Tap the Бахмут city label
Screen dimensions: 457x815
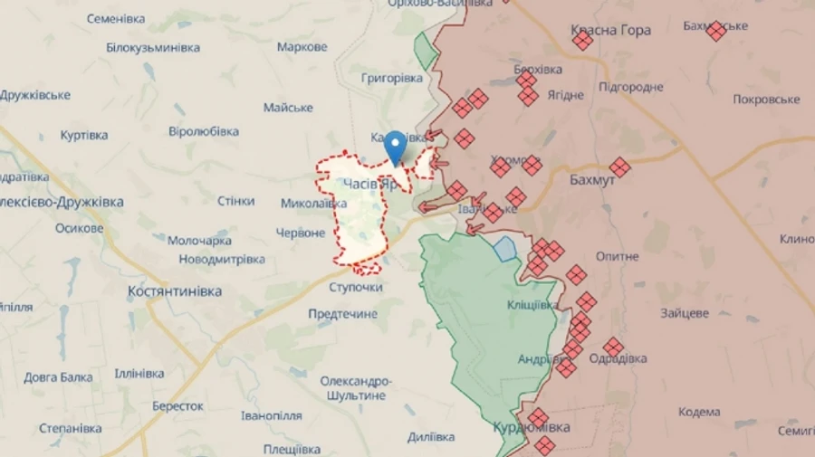point(593,181)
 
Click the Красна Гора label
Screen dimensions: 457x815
point(610,30)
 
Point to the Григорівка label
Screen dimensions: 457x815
point(391,79)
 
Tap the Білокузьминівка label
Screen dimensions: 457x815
point(152,47)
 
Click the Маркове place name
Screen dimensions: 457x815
point(302,47)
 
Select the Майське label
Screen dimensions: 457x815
point(288,108)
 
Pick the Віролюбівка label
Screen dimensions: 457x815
point(204,131)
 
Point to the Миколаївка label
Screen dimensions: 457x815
point(313,204)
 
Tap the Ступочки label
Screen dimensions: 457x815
point(355,287)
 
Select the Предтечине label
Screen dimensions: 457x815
point(342,313)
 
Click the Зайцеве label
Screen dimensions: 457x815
point(685,313)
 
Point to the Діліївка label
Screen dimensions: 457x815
point(430,437)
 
